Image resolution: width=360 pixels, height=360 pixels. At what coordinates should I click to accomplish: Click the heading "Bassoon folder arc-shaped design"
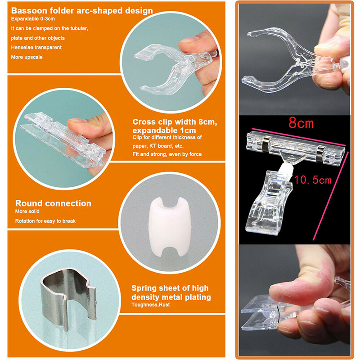82,11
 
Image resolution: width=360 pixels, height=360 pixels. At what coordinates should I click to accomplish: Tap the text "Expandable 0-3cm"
33,19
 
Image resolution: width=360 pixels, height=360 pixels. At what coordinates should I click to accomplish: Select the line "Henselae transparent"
36,48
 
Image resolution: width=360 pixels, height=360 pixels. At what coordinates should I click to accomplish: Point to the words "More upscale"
27,57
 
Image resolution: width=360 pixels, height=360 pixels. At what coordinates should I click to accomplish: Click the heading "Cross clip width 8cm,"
175,122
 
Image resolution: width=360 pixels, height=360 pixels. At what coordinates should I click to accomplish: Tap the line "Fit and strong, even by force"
167,154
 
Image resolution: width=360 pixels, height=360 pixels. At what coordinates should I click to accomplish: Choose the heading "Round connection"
53,203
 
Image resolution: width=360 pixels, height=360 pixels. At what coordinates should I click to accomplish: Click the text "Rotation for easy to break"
45,221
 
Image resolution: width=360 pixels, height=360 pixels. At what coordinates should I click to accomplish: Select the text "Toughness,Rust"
151,305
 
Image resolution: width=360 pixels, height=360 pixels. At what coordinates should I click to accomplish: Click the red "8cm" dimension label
301,122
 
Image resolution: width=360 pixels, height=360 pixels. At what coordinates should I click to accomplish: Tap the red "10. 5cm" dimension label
313,180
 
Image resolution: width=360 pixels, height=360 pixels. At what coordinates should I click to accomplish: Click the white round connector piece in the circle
170,226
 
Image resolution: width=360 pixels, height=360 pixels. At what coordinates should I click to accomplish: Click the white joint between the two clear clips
286,171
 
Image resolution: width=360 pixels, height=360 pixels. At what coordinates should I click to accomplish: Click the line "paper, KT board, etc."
158,146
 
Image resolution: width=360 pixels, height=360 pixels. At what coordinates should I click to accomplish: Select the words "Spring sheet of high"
170,288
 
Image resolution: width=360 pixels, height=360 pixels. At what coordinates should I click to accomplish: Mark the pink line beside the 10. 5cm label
331,196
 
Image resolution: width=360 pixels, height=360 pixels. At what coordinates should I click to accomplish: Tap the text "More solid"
27,211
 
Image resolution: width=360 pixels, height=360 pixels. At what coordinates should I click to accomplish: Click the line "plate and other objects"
38,38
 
